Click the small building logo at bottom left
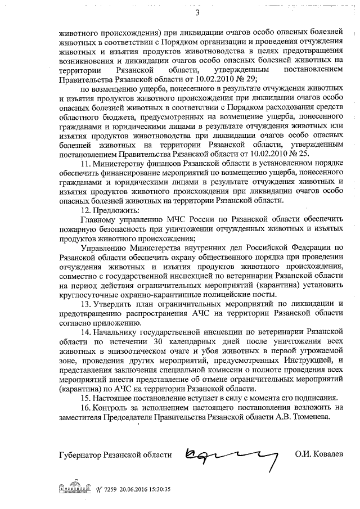pos(74,488)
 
